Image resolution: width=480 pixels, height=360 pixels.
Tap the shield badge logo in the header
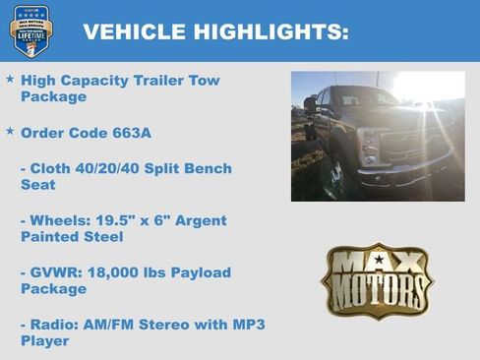(30, 30)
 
